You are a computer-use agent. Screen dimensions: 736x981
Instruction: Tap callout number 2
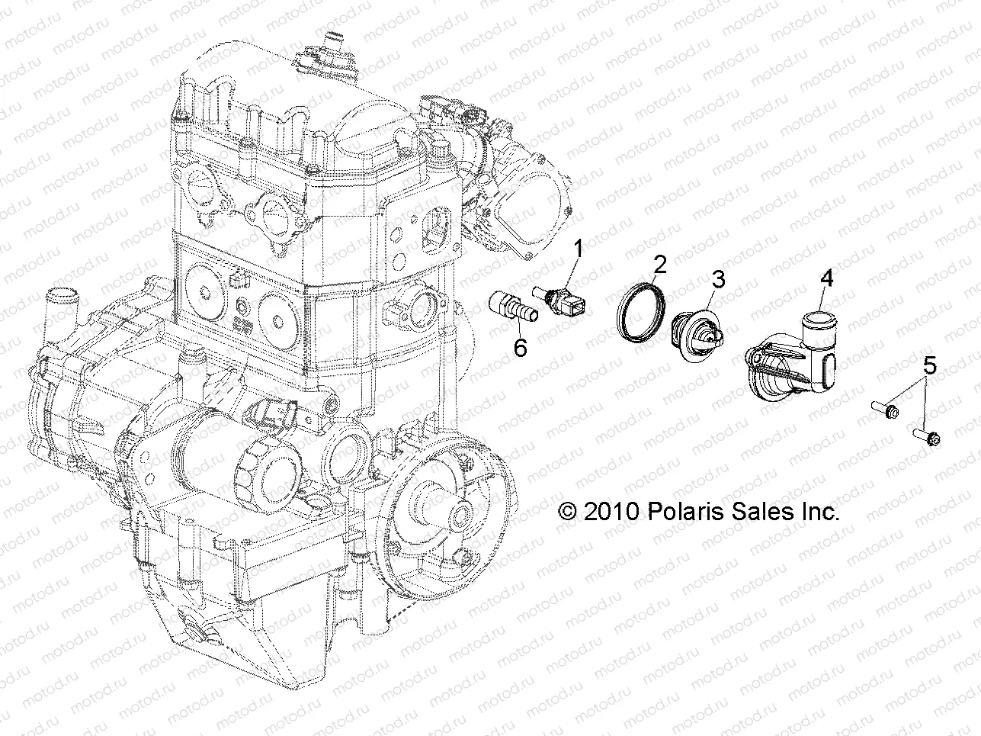click(x=659, y=265)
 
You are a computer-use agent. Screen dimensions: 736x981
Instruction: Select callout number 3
click(x=718, y=279)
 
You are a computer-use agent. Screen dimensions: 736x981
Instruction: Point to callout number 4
click(x=826, y=279)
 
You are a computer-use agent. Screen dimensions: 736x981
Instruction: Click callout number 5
click(x=928, y=367)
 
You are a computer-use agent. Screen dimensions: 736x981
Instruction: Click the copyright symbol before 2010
click(x=569, y=512)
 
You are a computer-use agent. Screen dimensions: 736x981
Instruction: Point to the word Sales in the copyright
click(x=751, y=512)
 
